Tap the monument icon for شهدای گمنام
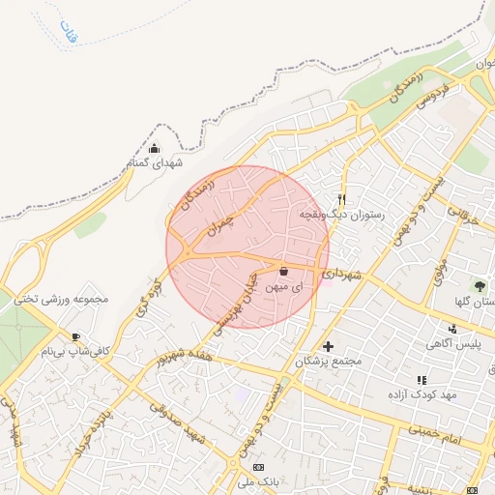(x=155, y=148)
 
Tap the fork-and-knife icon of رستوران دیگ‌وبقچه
(x=341, y=198)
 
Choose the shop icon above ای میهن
(x=283, y=273)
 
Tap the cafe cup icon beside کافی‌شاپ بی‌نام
(x=75, y=336)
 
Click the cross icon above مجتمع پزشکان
(x=328, y=345)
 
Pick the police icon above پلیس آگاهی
(x=441, y=328)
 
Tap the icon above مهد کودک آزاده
(x=421, y=381)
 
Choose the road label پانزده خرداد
(x=112, y=424)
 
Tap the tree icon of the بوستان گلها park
(x=479, y=286)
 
